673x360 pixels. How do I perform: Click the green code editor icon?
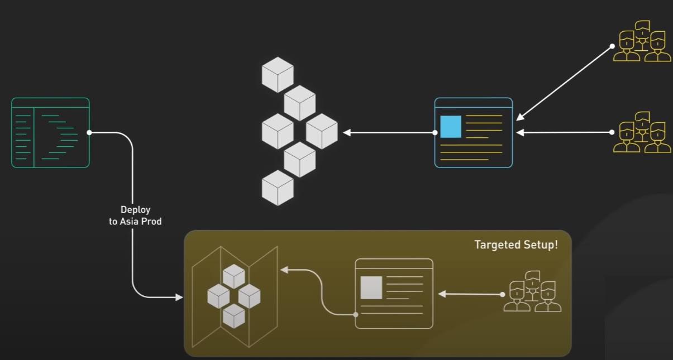point(50,133)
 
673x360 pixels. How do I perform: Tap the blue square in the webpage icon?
point(451,127)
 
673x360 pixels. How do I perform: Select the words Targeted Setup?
point(516,244)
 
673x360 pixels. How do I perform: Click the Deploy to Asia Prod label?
point(135,216)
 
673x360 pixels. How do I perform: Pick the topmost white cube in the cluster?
point(278,74)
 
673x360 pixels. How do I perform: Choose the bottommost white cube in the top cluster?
point(278,188)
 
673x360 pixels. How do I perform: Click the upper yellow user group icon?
point(642,41)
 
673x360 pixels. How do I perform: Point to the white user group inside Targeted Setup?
point(532,291)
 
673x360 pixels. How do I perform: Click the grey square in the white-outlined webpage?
point(371,287)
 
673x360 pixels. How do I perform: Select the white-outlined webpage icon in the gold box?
point(394,294)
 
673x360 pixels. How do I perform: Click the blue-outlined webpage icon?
point(474,133)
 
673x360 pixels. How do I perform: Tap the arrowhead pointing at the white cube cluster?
point(347,133)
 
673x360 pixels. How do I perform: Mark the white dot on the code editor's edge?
point(89,133)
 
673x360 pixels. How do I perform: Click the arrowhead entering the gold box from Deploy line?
point(179,297)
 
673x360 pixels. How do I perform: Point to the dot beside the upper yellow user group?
point(612,46)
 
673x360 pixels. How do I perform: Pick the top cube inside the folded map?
point(234,276)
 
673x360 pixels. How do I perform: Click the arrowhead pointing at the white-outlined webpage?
point(441,294)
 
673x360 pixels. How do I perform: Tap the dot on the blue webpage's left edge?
point(435,133)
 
